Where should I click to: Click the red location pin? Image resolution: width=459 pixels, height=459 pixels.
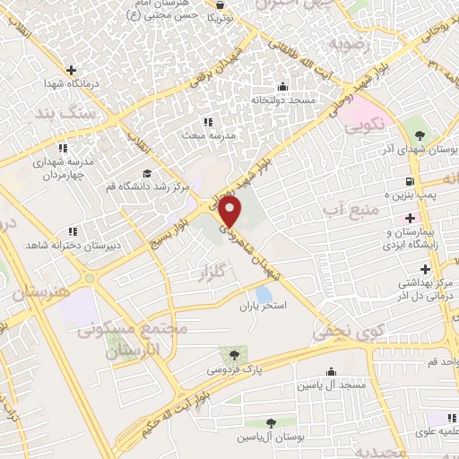(230, 212)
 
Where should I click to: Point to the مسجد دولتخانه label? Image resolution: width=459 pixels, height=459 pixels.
(283, 100)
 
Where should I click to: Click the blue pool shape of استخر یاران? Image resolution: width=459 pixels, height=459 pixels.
(264, 294)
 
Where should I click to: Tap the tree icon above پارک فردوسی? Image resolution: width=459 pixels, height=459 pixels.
(234, 355)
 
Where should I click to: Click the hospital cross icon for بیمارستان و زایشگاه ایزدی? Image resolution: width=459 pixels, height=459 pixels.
(411, 219)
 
